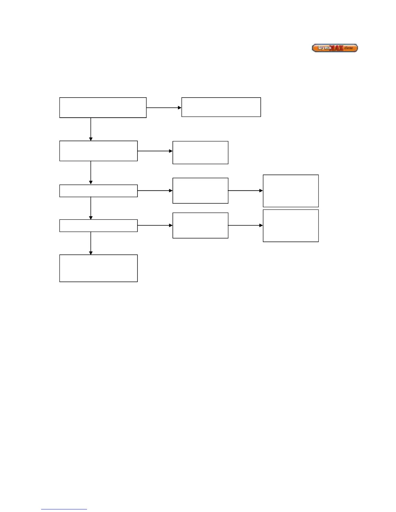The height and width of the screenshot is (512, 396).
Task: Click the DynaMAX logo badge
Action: click(335, 48)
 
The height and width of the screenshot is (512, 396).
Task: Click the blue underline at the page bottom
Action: click(64, 509)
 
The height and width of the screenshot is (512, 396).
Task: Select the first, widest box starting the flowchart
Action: click(103, 108)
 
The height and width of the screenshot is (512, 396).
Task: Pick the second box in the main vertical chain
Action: click(98, 151)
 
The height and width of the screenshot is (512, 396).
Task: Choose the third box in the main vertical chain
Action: click(98, 191)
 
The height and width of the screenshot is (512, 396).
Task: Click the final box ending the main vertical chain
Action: click(98, 268)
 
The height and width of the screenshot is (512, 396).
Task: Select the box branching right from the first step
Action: click(221, 107)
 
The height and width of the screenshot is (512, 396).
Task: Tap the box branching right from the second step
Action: click(200, 153)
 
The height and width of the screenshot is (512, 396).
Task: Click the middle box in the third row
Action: click(200, 191)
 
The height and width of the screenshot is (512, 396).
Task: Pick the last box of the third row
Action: click(291, 191)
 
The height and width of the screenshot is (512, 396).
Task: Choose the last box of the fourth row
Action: click(291, 226)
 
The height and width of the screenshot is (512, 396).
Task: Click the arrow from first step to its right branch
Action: click(164, 108)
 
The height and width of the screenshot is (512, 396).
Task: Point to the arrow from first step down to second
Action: click(91, 129)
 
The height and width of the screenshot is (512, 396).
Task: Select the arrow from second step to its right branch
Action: click(155, 151)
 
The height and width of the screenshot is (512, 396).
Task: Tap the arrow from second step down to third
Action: click(91, 173)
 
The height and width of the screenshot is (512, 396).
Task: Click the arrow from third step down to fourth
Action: click(91, 208)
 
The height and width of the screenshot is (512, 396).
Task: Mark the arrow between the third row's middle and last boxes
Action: click(245, 191)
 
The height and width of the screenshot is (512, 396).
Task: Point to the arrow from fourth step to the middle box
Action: click(155, 225)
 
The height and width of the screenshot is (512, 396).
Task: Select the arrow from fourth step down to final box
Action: click(91, 243)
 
